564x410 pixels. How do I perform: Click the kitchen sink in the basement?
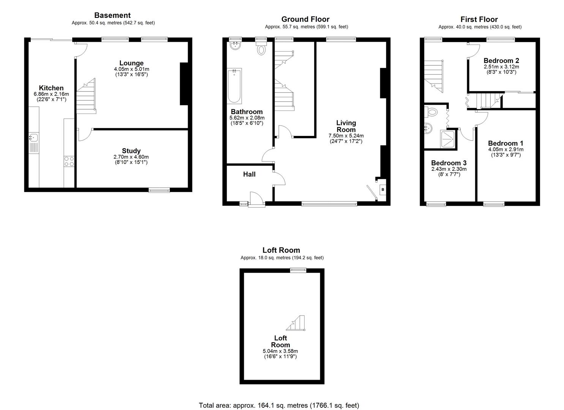pyautogui.click(x=34, y=142)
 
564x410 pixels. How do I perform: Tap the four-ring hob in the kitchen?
pyautogui.click(x=69, y=161)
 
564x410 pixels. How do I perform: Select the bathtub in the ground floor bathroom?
pyautogui.click(x=234, y=86)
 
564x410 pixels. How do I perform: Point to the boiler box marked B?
pyautogui.click(x=382, y=189)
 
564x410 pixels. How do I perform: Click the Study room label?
pyautogui.click(x=131, y=151)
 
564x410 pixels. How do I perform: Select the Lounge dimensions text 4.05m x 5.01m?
pyautogui.click(x=131, y=69)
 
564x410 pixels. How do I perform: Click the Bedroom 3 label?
pyautogui.click(x=449, y=163)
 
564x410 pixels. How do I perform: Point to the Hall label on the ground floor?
pyautogui.click(x=249, y=174)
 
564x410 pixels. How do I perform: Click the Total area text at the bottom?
pyautogui.click(x=279, y=405)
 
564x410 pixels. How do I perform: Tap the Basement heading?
pyautogui.click(x=112, y=15)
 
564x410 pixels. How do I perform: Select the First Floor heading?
pyautogui.click(x=479, y=19)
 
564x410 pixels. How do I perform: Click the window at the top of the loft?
pyautogui.click(x=298, y=270)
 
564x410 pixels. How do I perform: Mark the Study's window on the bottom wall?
pyautogui.click(x=159, y=190)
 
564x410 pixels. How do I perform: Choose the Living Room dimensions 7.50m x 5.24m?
pyautogui.click(x=346, y=136)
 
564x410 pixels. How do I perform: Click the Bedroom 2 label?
pyautogui.click(x=501, y=60)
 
